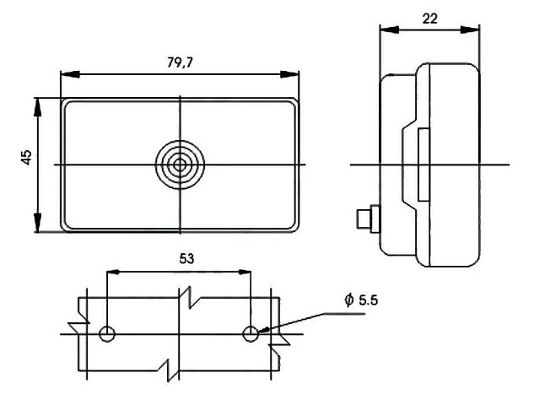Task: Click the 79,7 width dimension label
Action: point(180,62)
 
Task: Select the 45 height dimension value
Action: point(26,158)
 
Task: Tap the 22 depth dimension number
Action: point(429,19)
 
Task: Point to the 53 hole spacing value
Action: point(186,259)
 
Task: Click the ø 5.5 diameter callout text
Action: point(361,300)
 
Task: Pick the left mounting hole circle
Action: point(107,333)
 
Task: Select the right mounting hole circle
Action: point(251,333)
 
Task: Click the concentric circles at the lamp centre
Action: point(180,165)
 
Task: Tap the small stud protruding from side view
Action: point(368,219)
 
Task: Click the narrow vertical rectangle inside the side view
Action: point(423,165)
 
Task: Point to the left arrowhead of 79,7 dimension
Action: point(70,74)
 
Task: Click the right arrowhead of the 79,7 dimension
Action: point(289,74)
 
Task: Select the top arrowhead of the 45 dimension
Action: point(37,108)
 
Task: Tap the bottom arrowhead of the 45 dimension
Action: point(37,223)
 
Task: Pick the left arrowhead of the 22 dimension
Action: point(389,30)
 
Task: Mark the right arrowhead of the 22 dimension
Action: point(470,30)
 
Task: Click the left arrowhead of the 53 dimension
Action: point(113,272)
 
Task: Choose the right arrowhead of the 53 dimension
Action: point(244,272)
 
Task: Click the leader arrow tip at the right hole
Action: point(258,332)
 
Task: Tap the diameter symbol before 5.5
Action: point(348,300)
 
